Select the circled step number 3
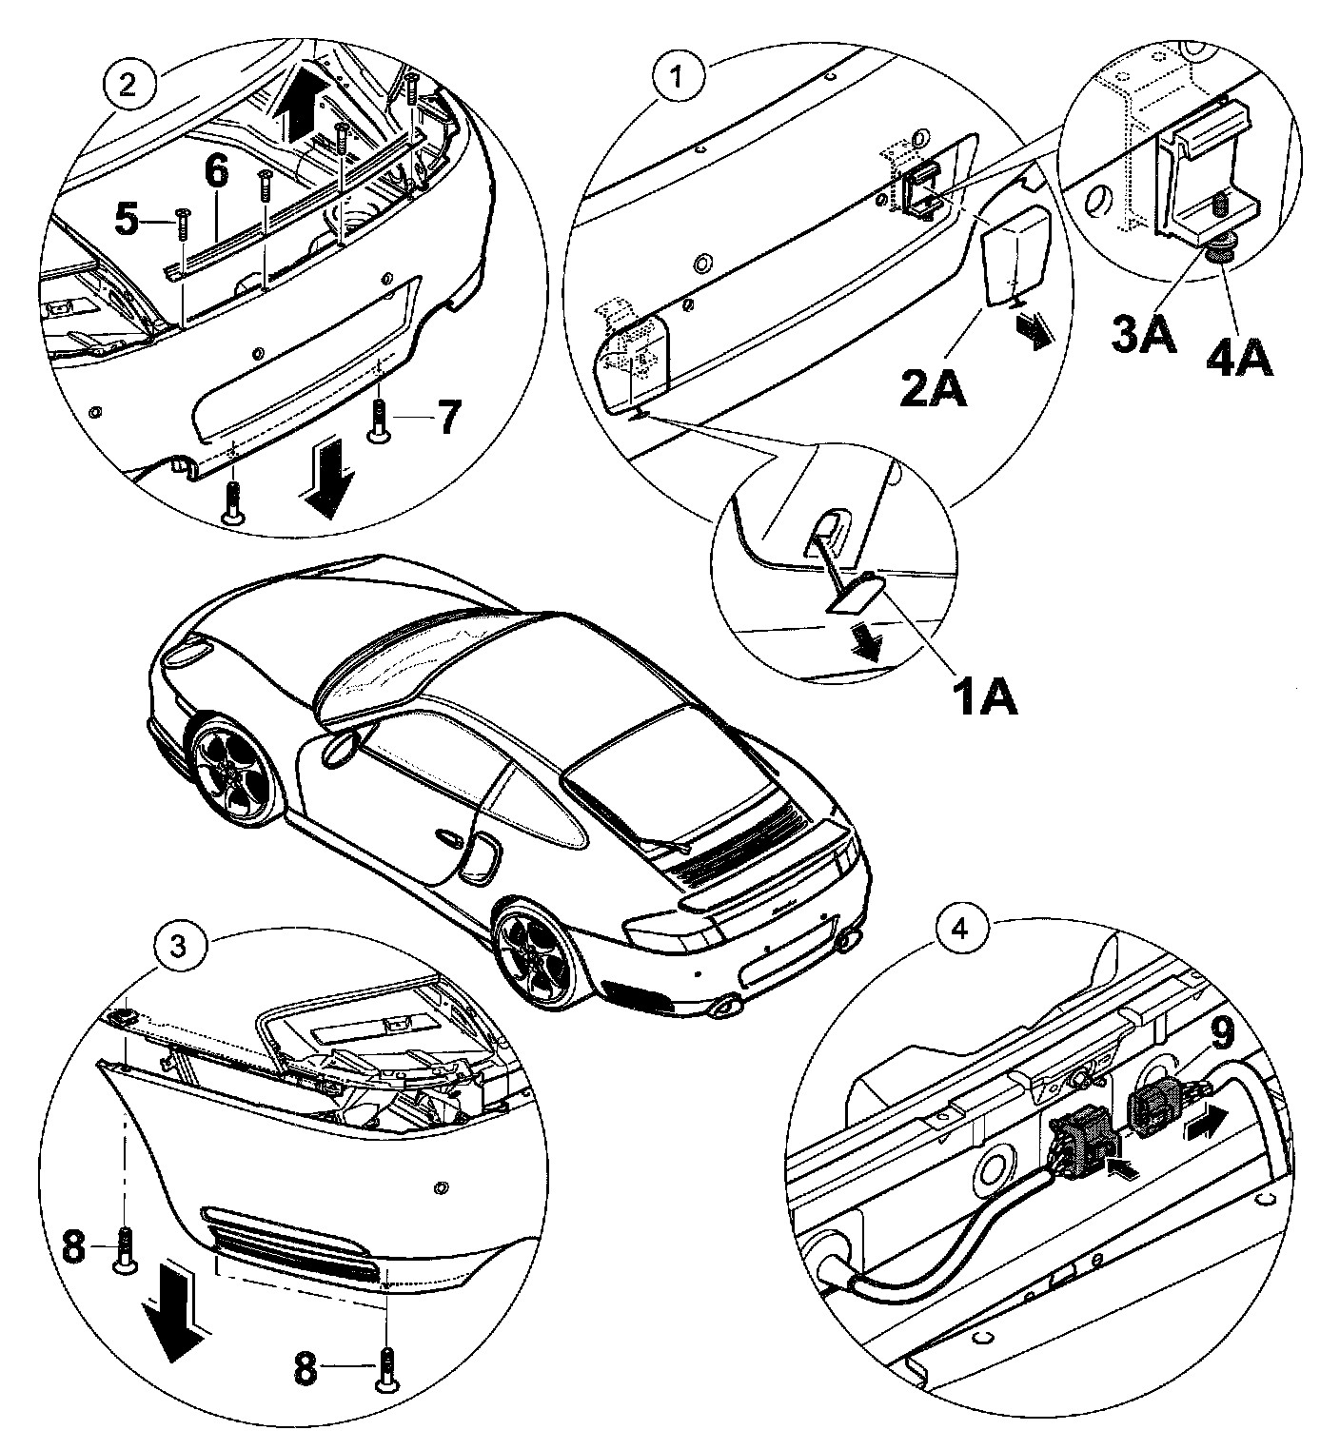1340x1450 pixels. [177, 946]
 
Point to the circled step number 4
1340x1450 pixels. [961, 930]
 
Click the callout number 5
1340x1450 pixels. [137, 221]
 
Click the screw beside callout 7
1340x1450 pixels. [380, 420]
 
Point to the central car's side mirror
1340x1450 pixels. [338, 749]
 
